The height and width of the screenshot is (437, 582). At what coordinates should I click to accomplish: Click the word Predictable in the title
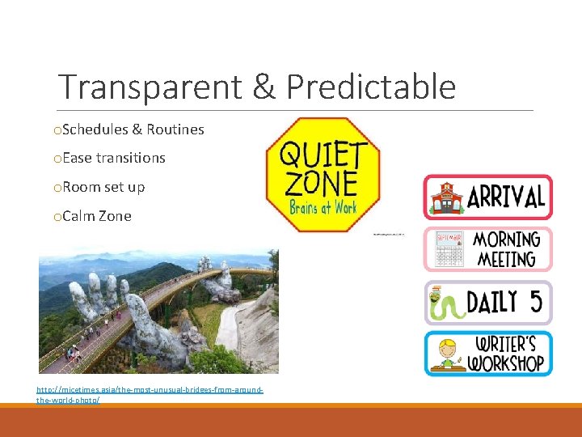point(371,87)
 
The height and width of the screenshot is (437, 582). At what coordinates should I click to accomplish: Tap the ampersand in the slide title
point(265,87)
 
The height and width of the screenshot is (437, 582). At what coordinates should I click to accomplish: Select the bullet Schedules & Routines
point(133,129)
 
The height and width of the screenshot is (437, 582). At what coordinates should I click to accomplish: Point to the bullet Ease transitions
point(113,158)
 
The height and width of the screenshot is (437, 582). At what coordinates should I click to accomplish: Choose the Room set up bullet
point(103,187)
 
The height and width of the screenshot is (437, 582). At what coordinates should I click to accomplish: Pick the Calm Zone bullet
point(96,216)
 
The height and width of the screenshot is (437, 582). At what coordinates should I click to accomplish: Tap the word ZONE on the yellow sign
point(321,184)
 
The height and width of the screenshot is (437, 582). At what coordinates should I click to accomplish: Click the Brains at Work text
point(323,208)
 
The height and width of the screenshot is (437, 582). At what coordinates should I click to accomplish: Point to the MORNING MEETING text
point(505,249)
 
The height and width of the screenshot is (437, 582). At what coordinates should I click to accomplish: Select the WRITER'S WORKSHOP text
point(508,354)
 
